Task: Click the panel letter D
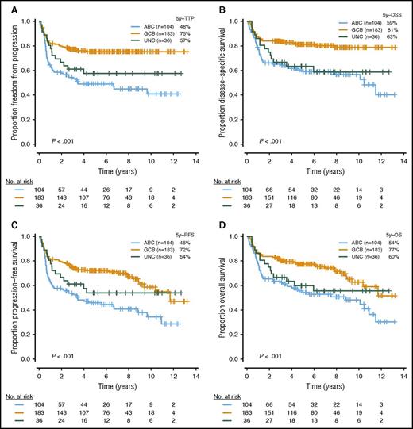tap(214, 224)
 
